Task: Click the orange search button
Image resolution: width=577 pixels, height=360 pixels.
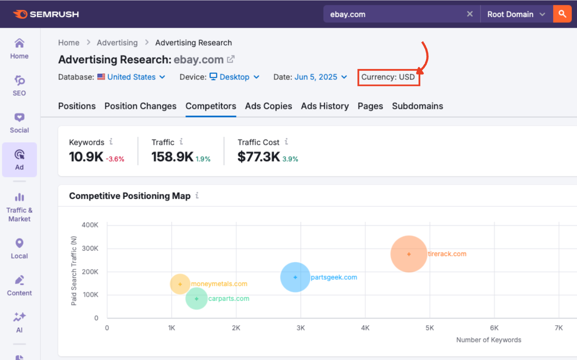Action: coord(562,14)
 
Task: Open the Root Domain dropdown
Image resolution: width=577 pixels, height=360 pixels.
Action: coord(516,14)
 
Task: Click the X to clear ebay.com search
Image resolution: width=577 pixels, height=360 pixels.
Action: coord(470,14)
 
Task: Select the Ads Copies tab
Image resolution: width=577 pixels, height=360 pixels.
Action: coord(269,106)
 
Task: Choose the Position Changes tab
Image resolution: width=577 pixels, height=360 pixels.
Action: coord(140,106)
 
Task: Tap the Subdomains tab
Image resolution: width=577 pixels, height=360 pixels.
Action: coord(417,106)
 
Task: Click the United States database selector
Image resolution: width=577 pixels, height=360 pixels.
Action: coord(132,77)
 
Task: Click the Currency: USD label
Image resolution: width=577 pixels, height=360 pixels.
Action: coord(388,77)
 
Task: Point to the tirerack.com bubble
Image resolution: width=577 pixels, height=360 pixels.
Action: coord(409,254)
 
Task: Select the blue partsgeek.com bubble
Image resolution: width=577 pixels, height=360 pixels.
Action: coord(295,277)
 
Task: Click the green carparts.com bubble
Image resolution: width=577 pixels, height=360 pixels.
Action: coord(197,299)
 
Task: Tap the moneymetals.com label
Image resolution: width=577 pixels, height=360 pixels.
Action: coord(219,284)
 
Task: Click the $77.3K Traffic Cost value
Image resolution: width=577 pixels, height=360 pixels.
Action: coord(258,157)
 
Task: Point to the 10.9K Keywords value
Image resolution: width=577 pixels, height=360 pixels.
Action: coord(86,157)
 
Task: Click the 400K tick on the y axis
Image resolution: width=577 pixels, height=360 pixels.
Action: coord(90,225)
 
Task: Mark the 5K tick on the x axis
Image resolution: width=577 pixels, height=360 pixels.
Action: coord(430,328)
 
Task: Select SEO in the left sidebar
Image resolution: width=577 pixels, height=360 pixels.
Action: coord(19,86)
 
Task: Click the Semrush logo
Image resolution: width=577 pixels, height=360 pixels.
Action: coord(46,14)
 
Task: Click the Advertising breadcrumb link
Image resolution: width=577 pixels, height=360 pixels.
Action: coord(117,43)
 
